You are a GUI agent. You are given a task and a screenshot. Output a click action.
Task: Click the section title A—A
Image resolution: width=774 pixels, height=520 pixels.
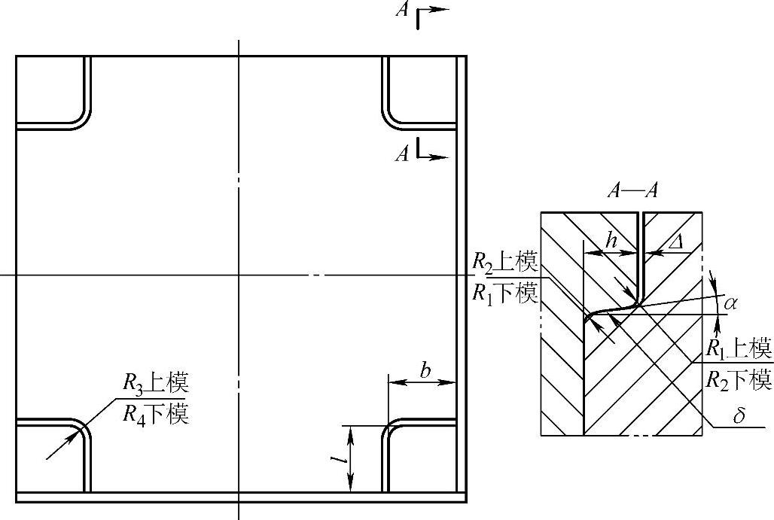click(x=632, y=190)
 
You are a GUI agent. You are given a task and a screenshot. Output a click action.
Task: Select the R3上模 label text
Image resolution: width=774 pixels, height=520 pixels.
click(x=155, y=383)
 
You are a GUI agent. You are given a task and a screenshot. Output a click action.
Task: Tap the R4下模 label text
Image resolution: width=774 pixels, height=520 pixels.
click(x=155, y=413)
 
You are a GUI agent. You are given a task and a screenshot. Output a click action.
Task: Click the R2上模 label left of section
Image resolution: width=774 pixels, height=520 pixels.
click(x=504, y=263)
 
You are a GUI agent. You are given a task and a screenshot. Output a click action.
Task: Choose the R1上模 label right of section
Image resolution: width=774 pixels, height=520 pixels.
click(x=739, y=348)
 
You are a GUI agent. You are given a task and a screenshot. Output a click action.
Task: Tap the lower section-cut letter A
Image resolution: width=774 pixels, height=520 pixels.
click(x=404, y=154)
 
